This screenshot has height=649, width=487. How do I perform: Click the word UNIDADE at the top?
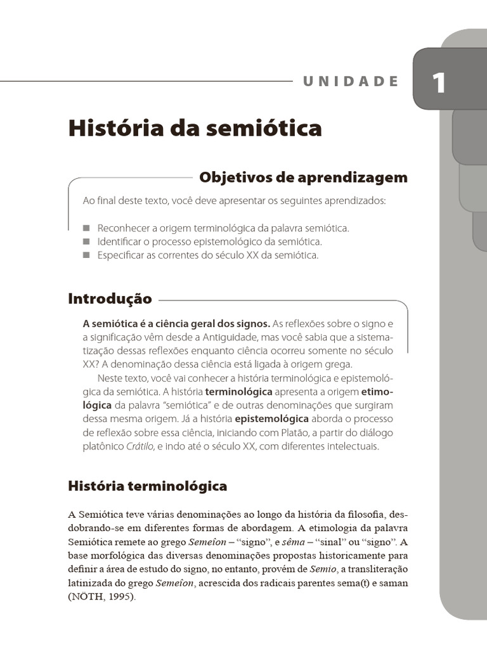[351, 81]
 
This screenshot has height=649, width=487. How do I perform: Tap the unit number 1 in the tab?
[439, 84]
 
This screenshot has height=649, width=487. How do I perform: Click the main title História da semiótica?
[195, 128]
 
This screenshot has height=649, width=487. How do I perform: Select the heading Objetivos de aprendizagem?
[303, 177]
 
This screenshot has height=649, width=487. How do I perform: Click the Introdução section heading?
[110, 299]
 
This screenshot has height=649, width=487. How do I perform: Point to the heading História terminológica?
[147, 486]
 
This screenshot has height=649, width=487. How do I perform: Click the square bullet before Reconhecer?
[87, 228]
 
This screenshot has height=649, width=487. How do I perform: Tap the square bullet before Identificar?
[87, 241]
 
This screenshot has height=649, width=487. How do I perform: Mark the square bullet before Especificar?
[87, 255]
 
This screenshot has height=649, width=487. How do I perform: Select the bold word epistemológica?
[271, 419]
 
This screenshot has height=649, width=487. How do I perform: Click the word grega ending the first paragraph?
[336, 364]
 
